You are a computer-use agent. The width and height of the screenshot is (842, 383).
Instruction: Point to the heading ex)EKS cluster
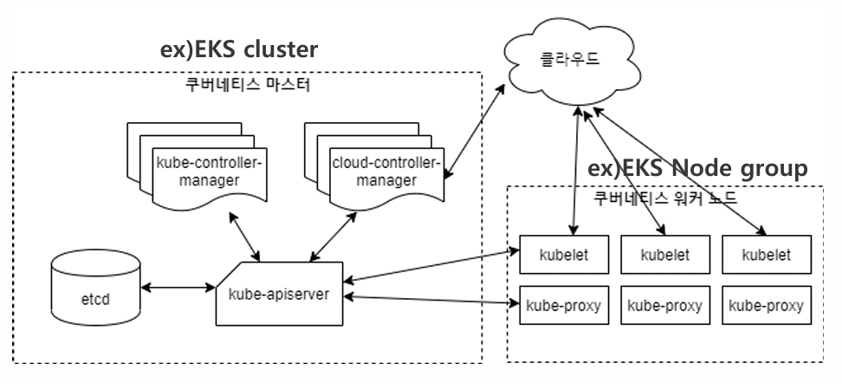point(239,49)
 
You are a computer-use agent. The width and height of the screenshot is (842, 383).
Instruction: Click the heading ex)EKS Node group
point(697,167)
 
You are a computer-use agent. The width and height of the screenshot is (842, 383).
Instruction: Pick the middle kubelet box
point(664,255)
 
